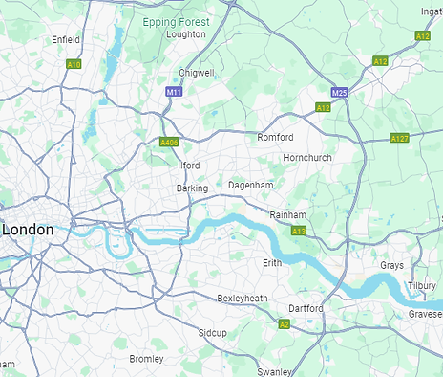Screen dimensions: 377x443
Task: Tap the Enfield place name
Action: pos(66,39)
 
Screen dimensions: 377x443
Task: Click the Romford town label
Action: pos(275,138)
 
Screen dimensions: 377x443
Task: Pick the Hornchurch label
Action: pos(307,157)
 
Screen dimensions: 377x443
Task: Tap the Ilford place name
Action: pos(189,166)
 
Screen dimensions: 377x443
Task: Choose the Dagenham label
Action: pos(251,185)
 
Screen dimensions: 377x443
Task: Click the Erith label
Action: pos(273,262)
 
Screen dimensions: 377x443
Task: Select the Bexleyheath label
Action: pos(243,299)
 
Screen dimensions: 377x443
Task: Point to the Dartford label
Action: pos(306,309)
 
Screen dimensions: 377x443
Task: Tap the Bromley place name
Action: pos(146,359)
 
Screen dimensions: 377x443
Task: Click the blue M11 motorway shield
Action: pos(174,92)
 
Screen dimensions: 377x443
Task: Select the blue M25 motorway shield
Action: pos(340,92)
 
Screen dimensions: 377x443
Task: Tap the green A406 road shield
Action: pos(170,143)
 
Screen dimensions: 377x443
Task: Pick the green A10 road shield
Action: pos(74,64)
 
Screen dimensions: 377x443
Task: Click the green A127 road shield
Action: pos(400,139)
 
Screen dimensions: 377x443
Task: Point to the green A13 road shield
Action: pos(299,232)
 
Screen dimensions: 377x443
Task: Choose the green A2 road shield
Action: pos(284,325)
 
